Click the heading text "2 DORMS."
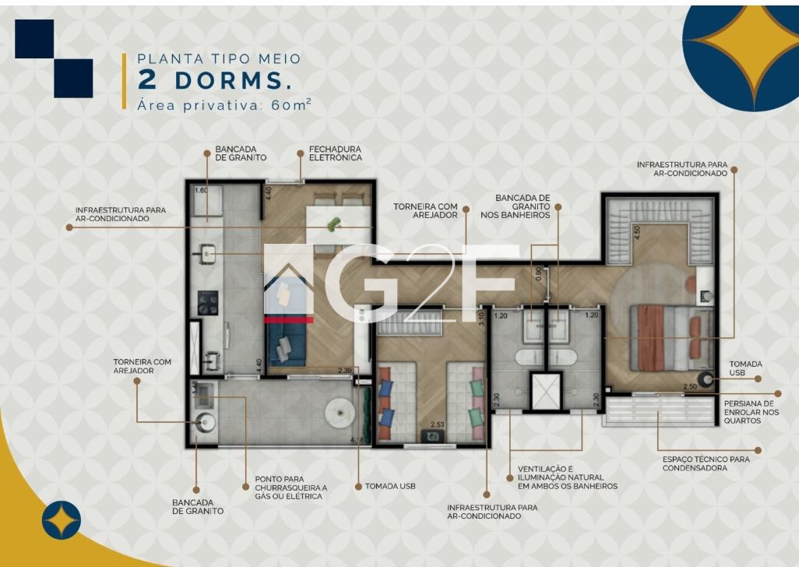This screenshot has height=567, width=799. click(x=216, y=80)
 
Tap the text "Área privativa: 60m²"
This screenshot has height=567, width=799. click(x=224, y=104)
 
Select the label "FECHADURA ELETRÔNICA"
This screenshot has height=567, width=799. click(x=336, y=153)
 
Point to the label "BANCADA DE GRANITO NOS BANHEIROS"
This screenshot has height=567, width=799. click(x=516, y=206)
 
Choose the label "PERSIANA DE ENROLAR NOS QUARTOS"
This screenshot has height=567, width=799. click(x=751, y=412)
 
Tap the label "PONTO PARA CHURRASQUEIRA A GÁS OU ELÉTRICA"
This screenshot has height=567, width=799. click(x=291, y=488)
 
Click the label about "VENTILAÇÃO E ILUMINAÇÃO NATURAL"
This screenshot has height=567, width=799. click(x=567, y=477)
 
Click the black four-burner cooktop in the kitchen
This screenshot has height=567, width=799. click(x=207, y=303)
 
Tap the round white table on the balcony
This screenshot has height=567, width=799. click(x=340, y=412)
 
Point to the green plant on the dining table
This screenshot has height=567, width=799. click(x=334, y=224)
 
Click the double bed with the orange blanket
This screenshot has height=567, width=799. click(x=671, y=338)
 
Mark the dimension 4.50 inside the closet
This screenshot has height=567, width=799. click(x=636, y=233)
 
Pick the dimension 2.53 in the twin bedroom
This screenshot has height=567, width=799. click(x=437, y=424)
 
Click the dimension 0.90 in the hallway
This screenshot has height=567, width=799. click(x=539, y=275)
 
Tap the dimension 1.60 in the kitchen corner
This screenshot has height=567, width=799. click(x=201, y=191)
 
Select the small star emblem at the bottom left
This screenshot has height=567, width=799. click(x=62, y=520)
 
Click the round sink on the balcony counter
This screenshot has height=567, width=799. click(x=206, y=422)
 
